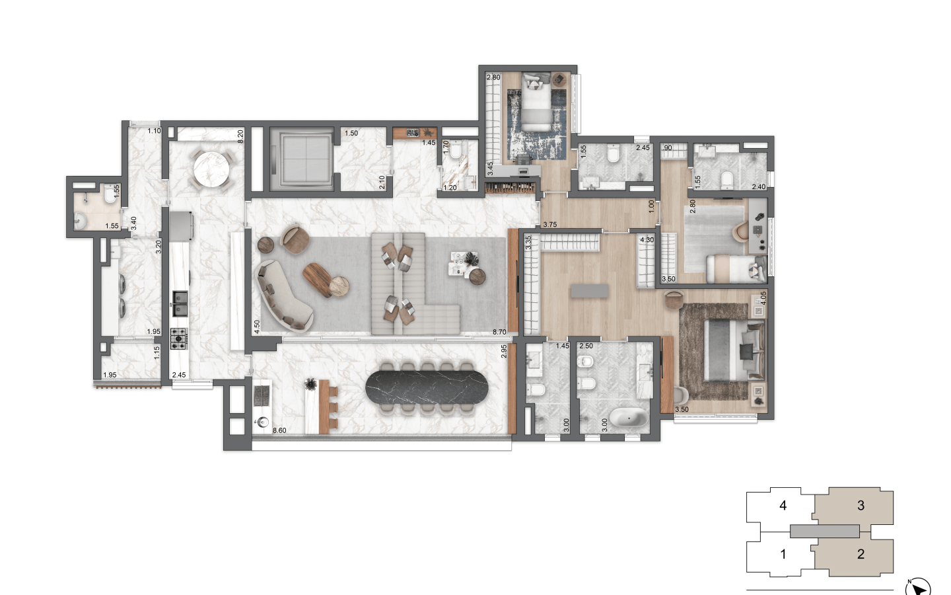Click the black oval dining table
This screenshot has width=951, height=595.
[427, 387]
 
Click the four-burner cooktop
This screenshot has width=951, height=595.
[179, 338]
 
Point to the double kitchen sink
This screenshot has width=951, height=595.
[180, 304]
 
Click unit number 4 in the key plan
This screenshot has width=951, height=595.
[783, 505]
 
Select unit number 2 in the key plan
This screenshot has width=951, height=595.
[861, 554]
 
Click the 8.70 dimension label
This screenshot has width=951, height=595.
[499, 332]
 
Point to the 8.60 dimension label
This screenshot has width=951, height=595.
[279, 430]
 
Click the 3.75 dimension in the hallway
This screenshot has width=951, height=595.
[549, 224]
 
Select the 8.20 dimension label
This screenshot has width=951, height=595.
[240, 136]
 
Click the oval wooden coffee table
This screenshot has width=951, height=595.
[318, 279]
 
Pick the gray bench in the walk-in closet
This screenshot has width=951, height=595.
[589, 291]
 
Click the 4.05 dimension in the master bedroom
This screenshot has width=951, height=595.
[763, 297]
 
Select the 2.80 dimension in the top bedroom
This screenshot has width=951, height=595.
[493, 77]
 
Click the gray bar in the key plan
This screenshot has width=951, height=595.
[824, 531]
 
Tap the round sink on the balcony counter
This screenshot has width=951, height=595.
[263, 422]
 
